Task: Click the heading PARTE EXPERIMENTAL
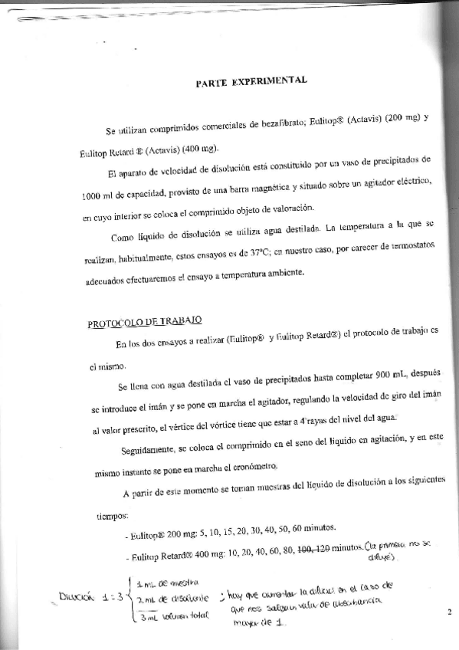(251, 80)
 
